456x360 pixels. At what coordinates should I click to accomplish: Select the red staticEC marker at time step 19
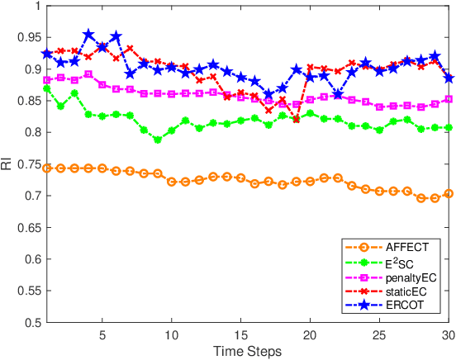point(296,119)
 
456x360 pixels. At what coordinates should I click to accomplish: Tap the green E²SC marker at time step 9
point(158,140)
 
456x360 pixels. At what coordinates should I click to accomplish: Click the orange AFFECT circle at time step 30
point(448,194)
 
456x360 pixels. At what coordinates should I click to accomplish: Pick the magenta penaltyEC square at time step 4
point(88,74)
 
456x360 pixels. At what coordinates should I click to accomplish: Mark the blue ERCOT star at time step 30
point(448,78)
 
